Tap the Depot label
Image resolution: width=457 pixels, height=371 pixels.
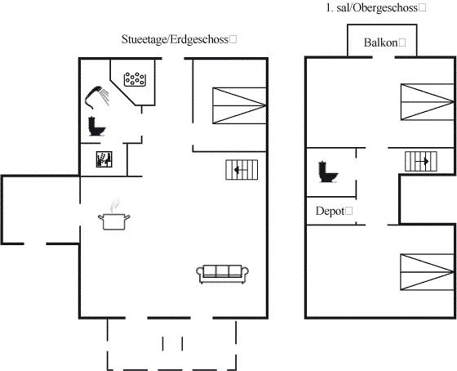(x=331, y=211)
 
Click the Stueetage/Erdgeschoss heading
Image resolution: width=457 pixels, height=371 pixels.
(x=175, y=39)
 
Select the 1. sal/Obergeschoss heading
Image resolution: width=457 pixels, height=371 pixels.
(x=372, y=8)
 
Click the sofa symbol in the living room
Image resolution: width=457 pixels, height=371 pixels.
(x=222, y=274)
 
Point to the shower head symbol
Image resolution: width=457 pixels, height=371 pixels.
(x=97, y=97)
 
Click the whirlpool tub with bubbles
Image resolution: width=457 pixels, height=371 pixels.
(x=135, y=79)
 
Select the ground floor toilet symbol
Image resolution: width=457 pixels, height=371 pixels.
(x=97, y=127)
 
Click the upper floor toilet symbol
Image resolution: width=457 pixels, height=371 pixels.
(x=328, y=172)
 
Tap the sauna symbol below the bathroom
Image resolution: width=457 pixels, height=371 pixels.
(x=104, y=159)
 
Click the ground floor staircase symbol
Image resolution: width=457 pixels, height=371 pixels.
(x=242, y=170)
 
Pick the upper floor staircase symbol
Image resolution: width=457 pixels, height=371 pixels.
(x=421, y=162)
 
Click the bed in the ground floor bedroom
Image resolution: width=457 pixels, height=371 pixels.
(x=239, y=105)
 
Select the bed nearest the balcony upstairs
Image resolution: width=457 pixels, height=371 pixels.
(x=428, y=102)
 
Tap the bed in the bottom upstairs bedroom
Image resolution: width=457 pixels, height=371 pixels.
(x=427, y=272)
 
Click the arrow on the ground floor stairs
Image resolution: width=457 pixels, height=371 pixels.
(x=241, y=170)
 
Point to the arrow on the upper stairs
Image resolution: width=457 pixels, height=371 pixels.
(x=422, y=161)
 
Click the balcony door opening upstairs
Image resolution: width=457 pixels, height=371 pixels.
(x=384, y=57)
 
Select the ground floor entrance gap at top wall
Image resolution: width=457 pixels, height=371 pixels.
(x=173, y=59)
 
